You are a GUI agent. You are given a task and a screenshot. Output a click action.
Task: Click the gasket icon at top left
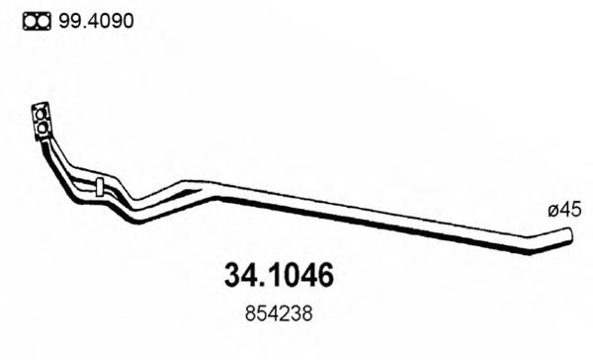click(x=36, y=21)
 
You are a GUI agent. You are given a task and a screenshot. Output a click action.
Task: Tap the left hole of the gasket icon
click(x=29, y=21)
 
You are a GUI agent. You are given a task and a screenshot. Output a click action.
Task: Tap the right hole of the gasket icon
click(x=42, y=21)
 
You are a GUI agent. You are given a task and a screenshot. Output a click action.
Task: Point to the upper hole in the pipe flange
click(x=42, y=112)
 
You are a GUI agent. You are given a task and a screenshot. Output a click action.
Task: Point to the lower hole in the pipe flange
click(x=45, y=127)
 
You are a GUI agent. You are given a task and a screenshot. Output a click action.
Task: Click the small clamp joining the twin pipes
click(x=100, y=185)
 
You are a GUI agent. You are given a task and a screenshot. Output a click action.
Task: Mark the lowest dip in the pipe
click(x=144, y=216)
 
